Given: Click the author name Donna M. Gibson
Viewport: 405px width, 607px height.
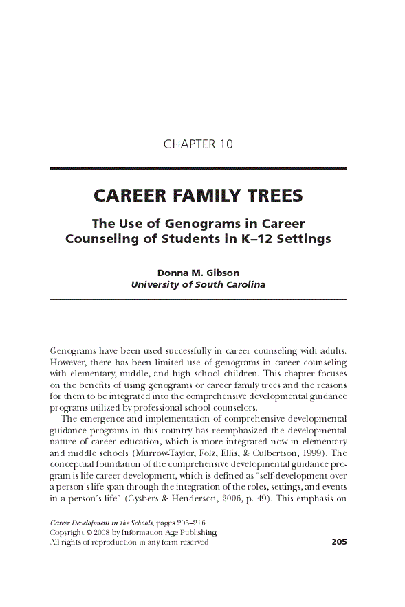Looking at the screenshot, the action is (198, 272).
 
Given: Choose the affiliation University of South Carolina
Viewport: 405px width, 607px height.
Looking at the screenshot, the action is (198, 284).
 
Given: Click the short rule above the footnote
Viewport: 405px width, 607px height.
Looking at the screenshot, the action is (89, 512).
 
